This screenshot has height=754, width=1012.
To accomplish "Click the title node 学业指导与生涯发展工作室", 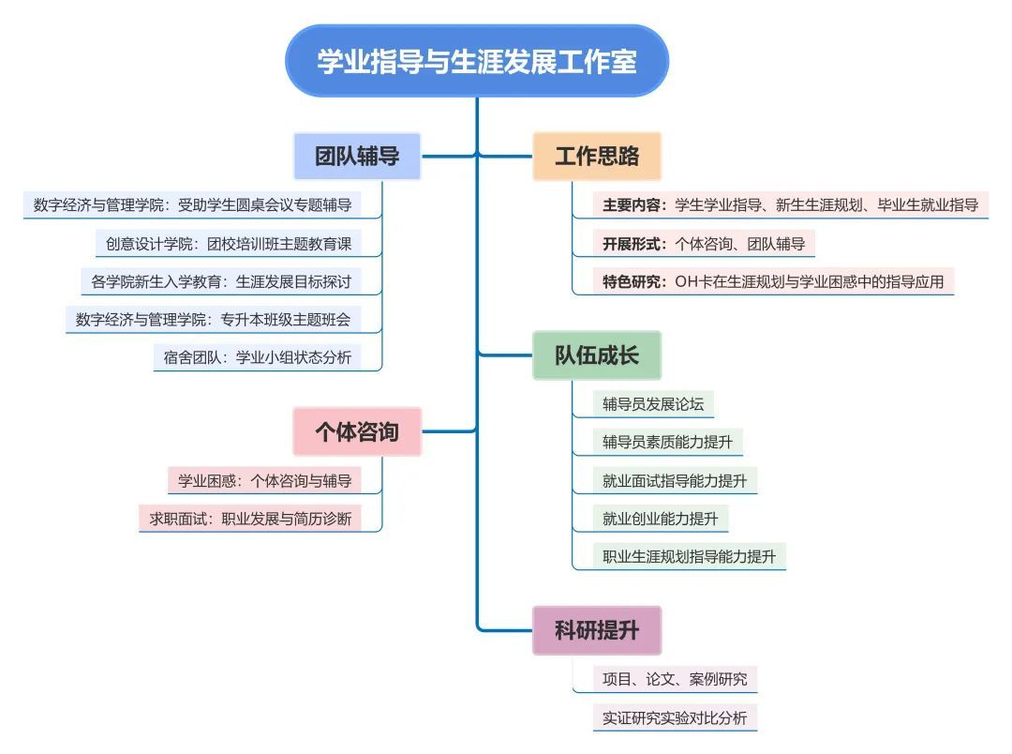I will (477, 62).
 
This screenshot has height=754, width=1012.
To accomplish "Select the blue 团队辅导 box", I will (357, 156).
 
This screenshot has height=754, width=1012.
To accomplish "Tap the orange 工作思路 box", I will (597, 156).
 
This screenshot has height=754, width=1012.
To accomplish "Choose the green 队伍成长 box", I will (597, 355).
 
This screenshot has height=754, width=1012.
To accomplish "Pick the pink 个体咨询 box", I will (357, 431).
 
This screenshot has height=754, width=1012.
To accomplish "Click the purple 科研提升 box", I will (597, 630).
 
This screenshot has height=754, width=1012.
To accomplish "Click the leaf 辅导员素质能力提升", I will (667, 442).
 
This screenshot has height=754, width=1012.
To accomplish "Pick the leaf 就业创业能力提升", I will (660, 518).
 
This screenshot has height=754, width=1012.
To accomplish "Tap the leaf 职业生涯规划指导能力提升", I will (689, 556).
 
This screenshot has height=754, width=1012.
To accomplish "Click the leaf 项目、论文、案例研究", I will (675, 679).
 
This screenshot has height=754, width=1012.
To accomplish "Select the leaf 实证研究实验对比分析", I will (675, 718).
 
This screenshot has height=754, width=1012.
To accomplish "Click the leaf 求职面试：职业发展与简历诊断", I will (250, 518).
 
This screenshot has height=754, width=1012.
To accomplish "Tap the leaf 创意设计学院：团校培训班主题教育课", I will (228, 244).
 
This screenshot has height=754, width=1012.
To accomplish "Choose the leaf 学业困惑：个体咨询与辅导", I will (265, 481).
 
